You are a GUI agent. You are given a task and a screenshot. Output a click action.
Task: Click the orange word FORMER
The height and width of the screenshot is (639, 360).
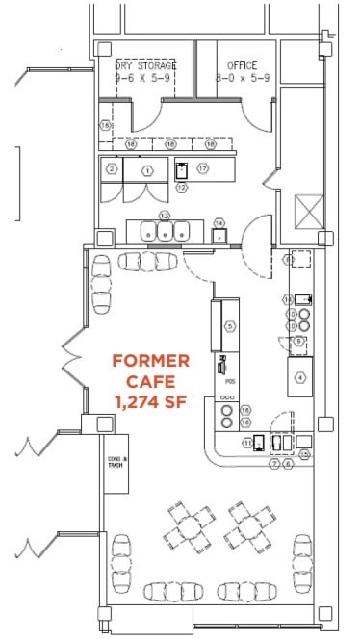150,361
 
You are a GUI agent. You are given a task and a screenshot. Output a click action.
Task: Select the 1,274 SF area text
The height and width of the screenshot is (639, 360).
151,400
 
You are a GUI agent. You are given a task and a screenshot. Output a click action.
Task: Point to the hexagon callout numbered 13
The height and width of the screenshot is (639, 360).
165,216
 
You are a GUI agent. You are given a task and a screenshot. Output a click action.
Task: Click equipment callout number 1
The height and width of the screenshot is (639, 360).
147,169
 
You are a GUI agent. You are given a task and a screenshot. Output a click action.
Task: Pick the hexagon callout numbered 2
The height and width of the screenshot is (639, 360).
113,169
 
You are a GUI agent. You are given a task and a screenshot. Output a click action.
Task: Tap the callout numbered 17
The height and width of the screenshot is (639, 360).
203,168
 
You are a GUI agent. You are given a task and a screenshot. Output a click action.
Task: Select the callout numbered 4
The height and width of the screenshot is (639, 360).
300,376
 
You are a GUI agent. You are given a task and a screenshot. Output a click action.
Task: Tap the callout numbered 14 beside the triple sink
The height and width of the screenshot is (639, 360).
219,222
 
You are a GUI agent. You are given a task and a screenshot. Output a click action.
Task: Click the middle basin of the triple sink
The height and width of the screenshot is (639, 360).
165,231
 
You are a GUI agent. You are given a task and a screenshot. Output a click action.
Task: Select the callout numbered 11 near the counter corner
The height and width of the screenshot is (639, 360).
247,443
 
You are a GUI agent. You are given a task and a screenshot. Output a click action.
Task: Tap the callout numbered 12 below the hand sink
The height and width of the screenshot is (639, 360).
181,187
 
